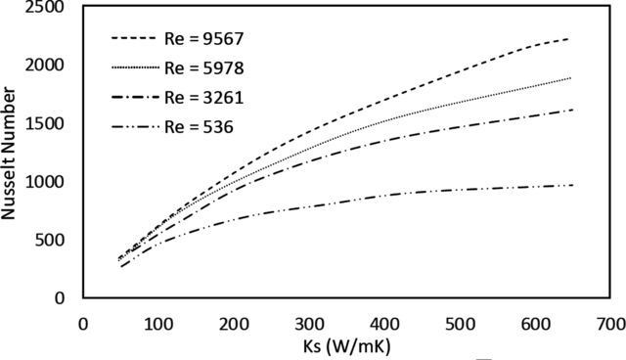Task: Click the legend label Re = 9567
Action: [204, 39]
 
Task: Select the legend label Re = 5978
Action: [204, 68]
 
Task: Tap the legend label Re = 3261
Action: [204, 98]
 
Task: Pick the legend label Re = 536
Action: [199, 127]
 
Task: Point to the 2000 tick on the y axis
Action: [44, 65]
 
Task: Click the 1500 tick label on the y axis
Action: [44, 123]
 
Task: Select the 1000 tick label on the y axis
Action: [44, 182]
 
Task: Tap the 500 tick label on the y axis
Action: [49, 240]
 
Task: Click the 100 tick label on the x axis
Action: [158, 324]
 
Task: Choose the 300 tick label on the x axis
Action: [309, 324]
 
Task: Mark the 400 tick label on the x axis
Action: [384, 324]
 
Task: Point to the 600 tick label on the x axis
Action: [535, 324]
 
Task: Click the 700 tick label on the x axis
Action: [610, 324]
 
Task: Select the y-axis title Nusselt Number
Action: [8, 154]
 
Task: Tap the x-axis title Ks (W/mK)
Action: [346, 346]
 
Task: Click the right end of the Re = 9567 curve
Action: [568, 39]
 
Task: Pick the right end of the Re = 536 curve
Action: [573, 185]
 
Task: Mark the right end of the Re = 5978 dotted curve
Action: [571, 78]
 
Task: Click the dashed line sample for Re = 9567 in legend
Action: [133, 38]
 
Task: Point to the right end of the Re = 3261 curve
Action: [573, 110]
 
